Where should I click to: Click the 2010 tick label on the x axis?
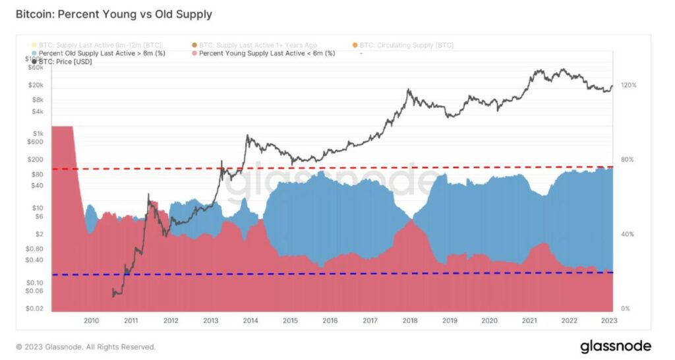coord(91,320)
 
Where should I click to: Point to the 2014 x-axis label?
coord(250,320)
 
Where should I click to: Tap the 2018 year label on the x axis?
coord(409,320)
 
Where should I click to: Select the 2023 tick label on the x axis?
coord(609,320)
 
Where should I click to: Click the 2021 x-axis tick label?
coord(529,320)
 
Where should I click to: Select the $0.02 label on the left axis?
coord(35,309)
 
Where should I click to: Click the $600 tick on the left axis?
coord(36,141)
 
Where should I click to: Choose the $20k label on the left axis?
coord(35,85)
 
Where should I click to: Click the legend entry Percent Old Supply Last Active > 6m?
coord(102,53)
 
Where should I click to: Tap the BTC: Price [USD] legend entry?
coord(65,62)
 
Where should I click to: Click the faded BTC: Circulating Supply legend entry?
coord(405,45)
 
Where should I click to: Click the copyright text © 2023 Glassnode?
coord(86,347)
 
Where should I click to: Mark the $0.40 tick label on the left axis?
coord(35,260)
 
